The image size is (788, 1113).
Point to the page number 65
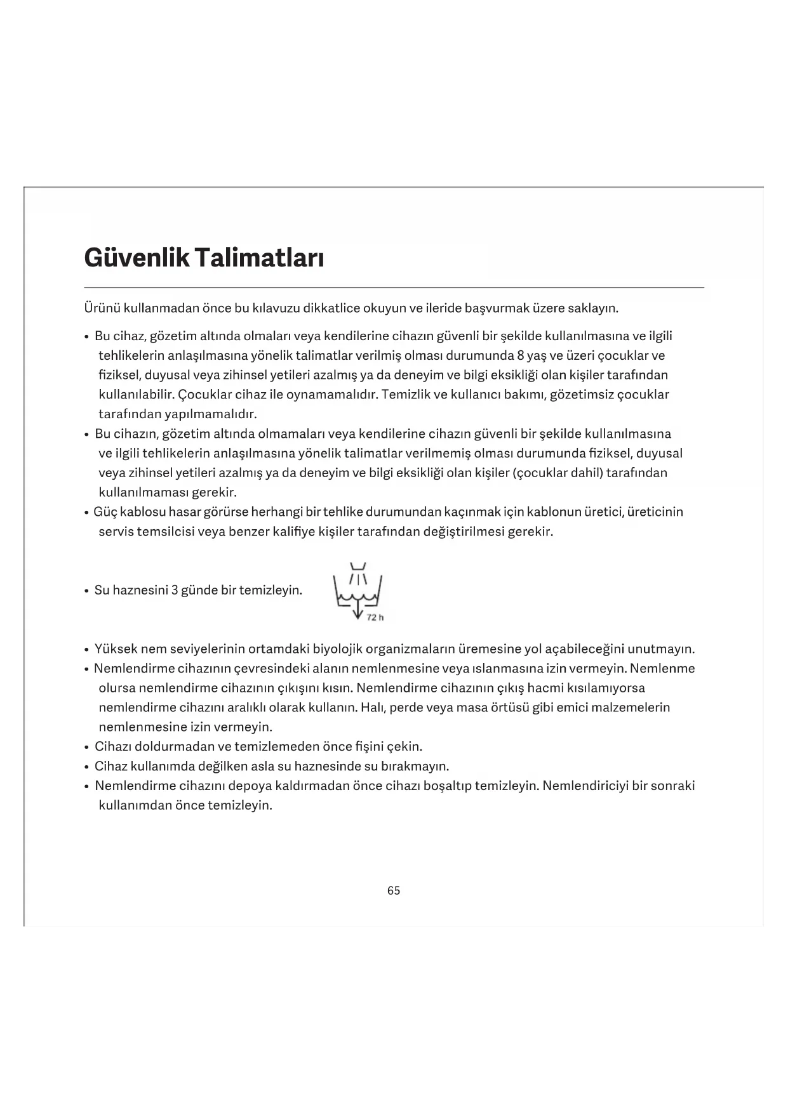[x=394, y=891]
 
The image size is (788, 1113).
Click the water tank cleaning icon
[x=357, y=589]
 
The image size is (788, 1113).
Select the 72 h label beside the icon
[x=375, y=617]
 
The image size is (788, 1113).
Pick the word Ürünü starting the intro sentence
[x=102, y=308]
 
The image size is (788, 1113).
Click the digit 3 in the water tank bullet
[x=175, y=590]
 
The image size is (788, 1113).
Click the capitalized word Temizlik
[x=407, y=395]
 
